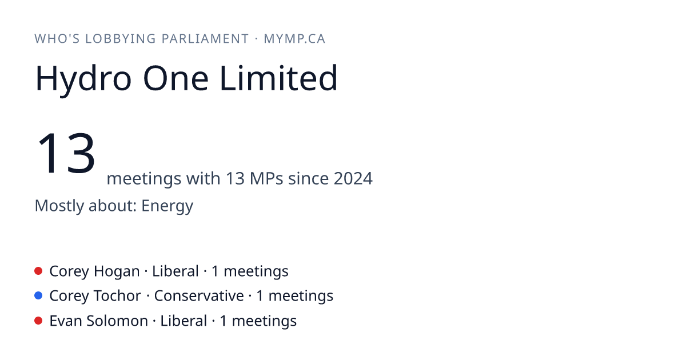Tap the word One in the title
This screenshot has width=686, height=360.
[176, 78]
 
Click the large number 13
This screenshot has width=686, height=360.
[66, 153]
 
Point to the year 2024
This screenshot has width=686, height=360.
[353, 178]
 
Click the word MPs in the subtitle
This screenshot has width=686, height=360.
[266, 178]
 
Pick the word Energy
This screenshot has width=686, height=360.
[167, 206]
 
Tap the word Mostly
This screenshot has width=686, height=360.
[59, 206]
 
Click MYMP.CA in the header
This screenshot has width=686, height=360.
[294, 39]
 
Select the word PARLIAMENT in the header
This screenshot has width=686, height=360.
[205, 39]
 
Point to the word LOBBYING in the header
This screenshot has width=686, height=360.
[121, 39]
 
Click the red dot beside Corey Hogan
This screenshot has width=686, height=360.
[38, 271]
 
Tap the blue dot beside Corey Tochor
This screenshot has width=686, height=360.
[38, 295]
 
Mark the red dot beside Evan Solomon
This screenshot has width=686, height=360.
[38, 321]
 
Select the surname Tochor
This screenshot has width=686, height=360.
[117, 296]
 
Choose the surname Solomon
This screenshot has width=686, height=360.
[117, 321]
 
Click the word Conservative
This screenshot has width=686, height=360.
[199, 296]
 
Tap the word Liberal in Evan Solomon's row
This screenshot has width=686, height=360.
[184, 321]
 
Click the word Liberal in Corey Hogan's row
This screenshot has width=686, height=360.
[176, 271]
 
